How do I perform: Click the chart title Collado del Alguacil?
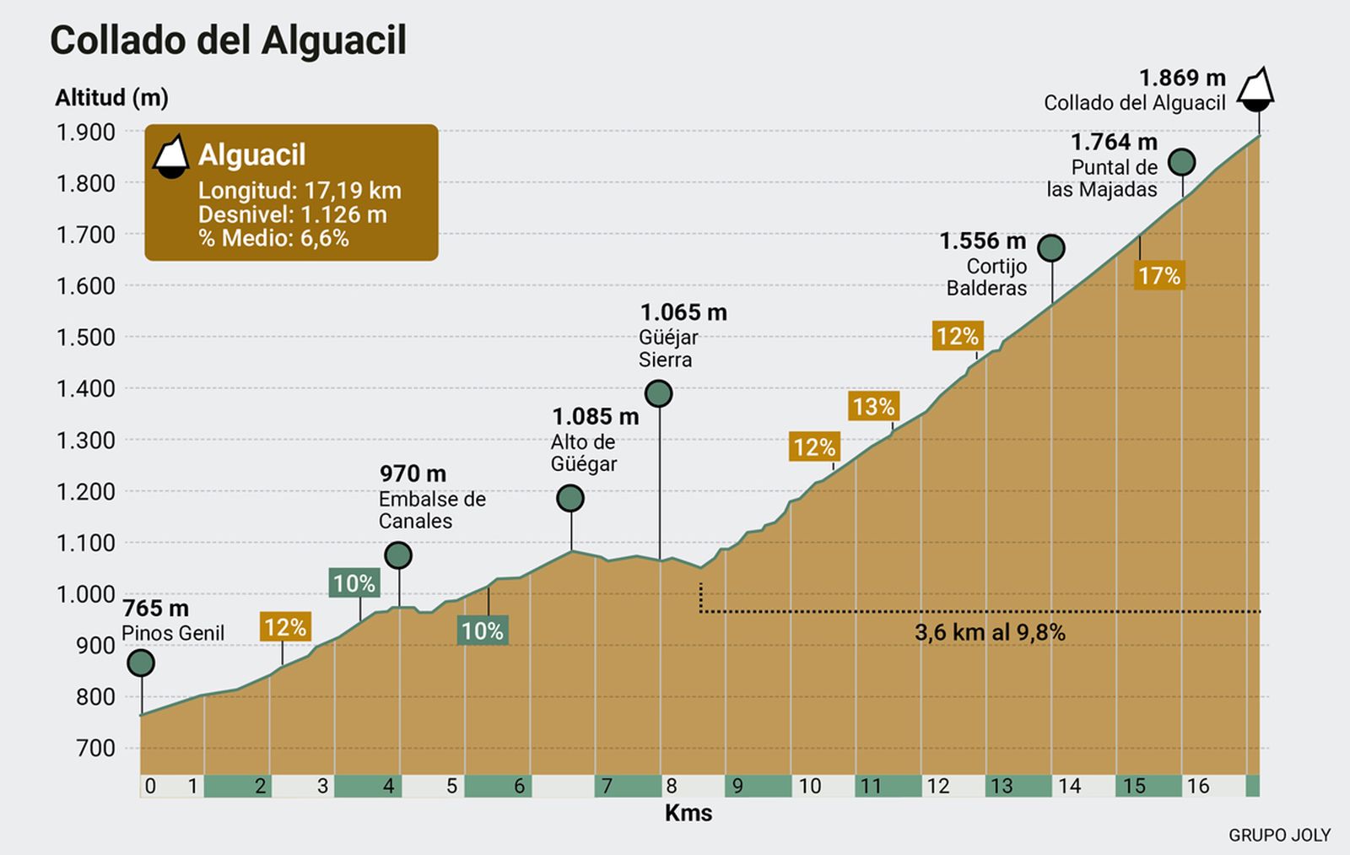pos(228,41)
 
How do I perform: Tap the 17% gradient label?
pos(1158,276)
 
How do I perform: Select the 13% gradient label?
pos(873,407)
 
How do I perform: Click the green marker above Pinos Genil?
pos(141,663)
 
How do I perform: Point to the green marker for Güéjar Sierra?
pos(658,393)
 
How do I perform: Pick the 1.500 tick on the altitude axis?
pos(85,338)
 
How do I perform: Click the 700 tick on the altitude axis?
pos(95,748)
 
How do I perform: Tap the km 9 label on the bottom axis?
pos(737,787)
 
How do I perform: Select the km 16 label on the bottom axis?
pos(1198,787)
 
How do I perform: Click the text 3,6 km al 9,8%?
pos(990,632)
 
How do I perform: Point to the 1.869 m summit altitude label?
pos(1181,78)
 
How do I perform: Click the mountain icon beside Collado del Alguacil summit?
pos(1255,89)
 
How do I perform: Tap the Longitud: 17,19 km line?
pos(300,190)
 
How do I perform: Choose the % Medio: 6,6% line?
pos(273,238)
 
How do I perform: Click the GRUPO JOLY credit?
pos(1279,835)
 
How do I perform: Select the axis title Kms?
pos(688,813)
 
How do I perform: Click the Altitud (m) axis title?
pos(111,98)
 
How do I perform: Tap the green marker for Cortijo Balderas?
pos(1051,248)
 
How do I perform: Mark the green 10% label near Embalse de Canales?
pos(354,583)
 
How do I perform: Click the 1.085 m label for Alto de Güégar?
pos(595,416)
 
